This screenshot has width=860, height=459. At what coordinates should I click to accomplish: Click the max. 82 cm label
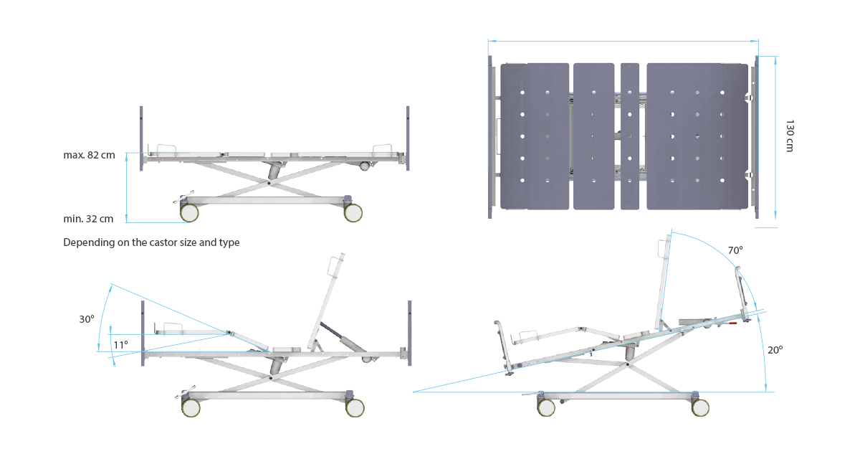click(x=89, y=156)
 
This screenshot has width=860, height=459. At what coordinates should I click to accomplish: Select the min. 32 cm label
click(x=89, y=219)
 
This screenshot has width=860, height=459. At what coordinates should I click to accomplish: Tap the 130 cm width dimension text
click(x=790, y=136)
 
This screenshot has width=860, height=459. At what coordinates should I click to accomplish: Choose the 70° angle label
click(x=735, y=251)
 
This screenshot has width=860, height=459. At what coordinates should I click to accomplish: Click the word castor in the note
click(x=148, y=242)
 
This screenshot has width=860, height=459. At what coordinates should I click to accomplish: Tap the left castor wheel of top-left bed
click(x=189, y=213)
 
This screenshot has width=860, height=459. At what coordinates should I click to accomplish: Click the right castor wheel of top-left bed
click(x=353, y=212)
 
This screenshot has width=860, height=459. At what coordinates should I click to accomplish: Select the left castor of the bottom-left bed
click(x=191, y=407)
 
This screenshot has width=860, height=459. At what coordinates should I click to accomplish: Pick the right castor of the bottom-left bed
click(x=355, y=407)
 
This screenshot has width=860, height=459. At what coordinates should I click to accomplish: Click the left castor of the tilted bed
click(x=546, y=407)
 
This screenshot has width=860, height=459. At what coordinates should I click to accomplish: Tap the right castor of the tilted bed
click(x=701, y=407)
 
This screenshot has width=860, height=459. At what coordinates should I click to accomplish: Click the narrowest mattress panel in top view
click(x=630, y=136)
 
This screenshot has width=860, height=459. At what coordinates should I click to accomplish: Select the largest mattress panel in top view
click(x=692, y=136)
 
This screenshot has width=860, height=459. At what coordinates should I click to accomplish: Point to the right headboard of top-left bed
click(x=408, y=137)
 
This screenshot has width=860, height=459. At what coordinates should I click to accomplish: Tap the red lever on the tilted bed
click(x=732, y=323)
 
